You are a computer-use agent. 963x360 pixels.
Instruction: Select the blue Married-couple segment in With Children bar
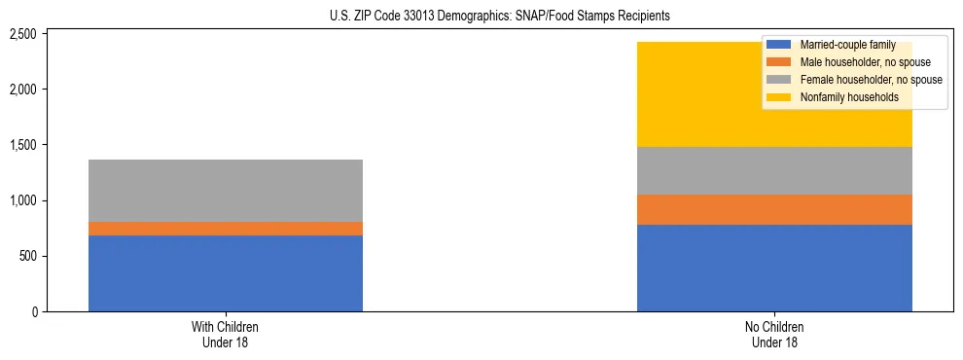[226, 273]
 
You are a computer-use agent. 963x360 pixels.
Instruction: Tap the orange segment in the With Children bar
[226, 229]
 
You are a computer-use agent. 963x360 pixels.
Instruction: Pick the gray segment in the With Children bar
[226, 191]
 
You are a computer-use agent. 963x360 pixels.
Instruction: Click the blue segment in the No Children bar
[774, 268]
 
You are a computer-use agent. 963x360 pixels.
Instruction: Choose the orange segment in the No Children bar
[774, 209]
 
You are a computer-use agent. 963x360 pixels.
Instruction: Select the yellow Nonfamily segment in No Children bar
[700, 94]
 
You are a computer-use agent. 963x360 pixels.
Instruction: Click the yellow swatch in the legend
[779, 97]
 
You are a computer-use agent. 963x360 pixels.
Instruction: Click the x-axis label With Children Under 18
[226, 334]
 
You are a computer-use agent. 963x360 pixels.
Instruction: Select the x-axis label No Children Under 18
[774, 334]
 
